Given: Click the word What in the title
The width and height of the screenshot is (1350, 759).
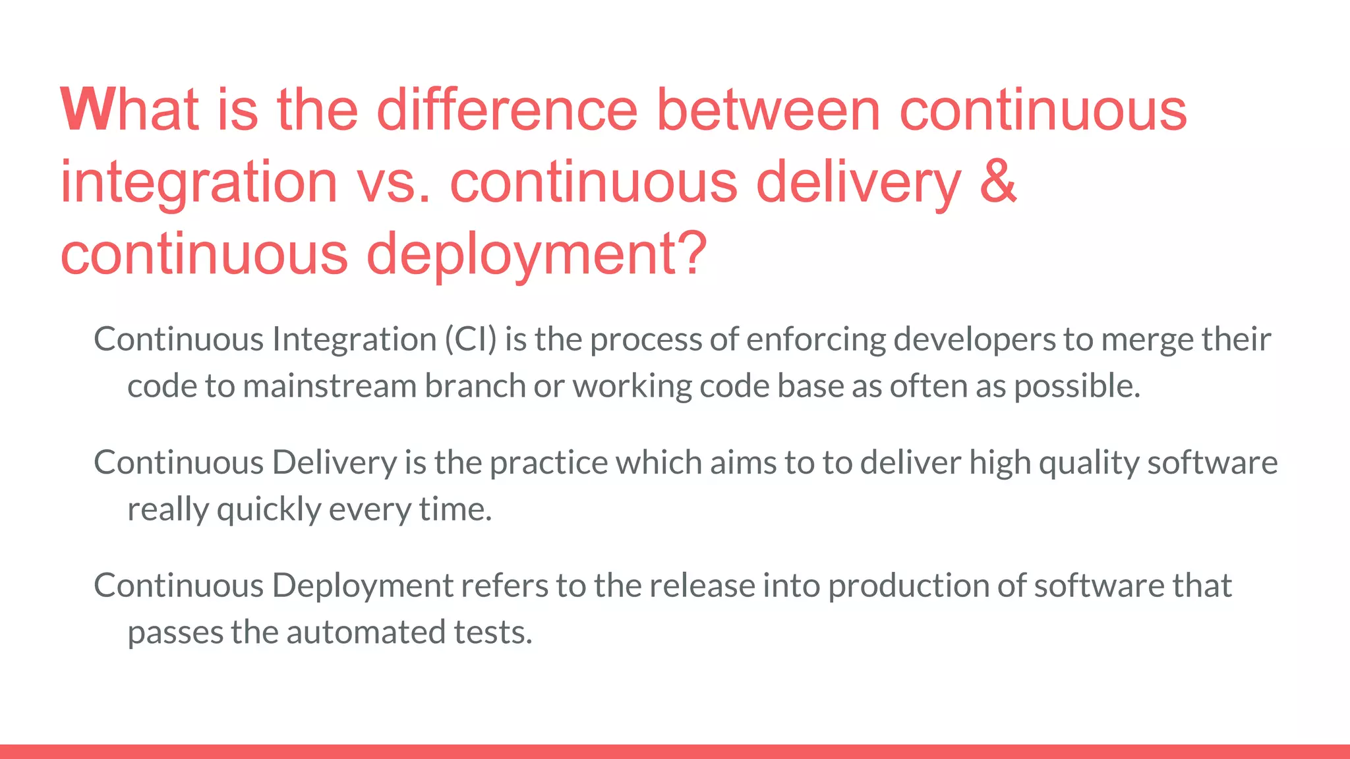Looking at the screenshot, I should coord(130,109).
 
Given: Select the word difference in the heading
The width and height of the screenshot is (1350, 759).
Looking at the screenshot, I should coord(507,109).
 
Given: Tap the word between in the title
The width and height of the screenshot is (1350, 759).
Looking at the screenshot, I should coord(769,109).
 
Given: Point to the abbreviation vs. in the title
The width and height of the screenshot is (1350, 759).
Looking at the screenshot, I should coord(394,182).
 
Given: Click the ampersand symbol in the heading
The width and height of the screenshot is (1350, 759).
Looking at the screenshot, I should coord(998,182).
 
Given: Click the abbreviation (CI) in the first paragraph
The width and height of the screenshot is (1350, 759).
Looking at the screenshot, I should coord(471,339).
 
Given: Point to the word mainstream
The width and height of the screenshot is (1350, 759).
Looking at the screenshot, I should coord(330,386).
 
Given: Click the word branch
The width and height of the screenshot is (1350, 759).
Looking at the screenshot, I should coord(475,386).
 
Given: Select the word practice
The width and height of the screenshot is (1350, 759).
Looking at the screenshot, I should coord(549,463).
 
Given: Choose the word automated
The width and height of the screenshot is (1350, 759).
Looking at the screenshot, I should coord(366,632).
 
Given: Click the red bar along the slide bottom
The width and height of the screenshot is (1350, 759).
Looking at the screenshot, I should coord(675,751).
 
